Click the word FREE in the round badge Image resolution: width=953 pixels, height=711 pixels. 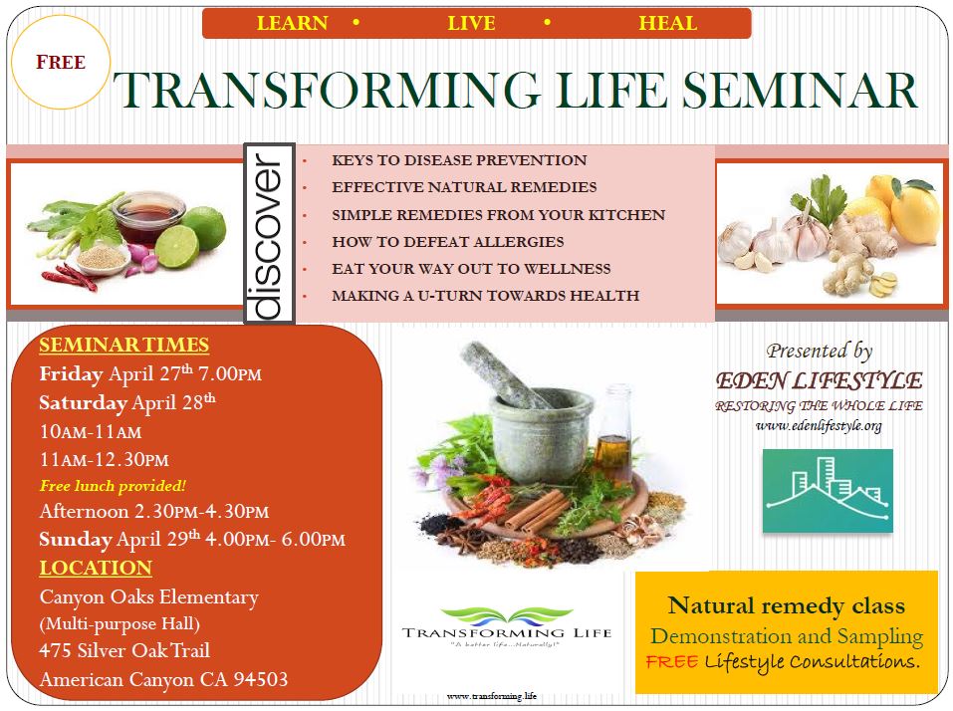point(61,62)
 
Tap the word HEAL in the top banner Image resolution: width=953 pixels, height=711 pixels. point(667,23)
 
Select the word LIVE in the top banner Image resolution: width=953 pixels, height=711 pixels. point(471,23)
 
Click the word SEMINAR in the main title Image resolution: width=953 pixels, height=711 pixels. point(800,90)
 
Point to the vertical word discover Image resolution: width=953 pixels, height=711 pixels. point(269,235)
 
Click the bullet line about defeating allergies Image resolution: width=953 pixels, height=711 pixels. point(448,242)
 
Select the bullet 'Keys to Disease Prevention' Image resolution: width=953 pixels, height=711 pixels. point(459,160)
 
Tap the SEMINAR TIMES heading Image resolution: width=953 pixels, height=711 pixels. point(124,345)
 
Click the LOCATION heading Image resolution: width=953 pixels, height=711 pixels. point(96,568)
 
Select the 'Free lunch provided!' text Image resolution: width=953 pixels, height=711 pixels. point(113,486)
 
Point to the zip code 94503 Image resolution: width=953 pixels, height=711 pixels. point(261,679)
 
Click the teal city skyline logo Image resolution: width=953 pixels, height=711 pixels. point(828,490)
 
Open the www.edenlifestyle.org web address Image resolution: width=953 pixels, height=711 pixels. point(819,426)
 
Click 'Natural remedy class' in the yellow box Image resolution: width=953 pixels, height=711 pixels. point(786,605)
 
